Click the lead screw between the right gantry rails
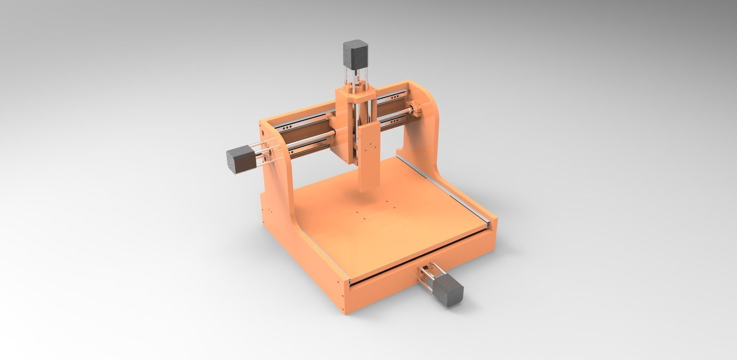click(395, 112)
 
